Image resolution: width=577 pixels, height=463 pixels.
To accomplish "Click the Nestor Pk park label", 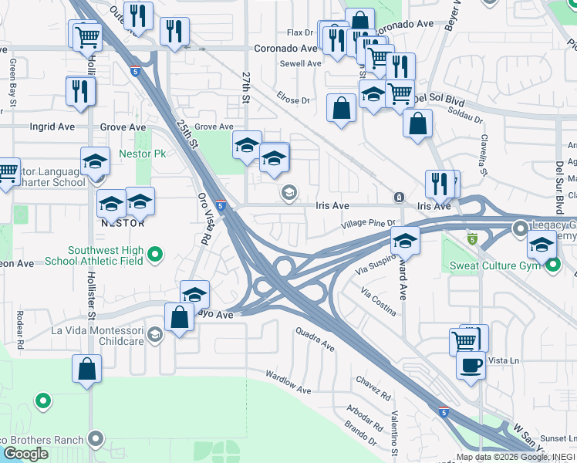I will click(x=143, y=154).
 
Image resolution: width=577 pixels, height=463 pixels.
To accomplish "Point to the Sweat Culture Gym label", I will click(x=494, y=268).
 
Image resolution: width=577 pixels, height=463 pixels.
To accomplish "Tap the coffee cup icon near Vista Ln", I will click(x=471, y=365).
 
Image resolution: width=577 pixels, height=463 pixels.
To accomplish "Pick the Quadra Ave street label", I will click(x=315, y=339).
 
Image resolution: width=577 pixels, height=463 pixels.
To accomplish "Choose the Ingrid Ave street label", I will click(x=52, y=127).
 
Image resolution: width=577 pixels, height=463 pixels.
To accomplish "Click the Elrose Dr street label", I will click(x=294, y=100).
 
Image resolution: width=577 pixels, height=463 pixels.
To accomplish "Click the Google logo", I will click(x=25, y=454).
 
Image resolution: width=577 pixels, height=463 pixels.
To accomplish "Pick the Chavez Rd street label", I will click(x=373, y=387).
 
